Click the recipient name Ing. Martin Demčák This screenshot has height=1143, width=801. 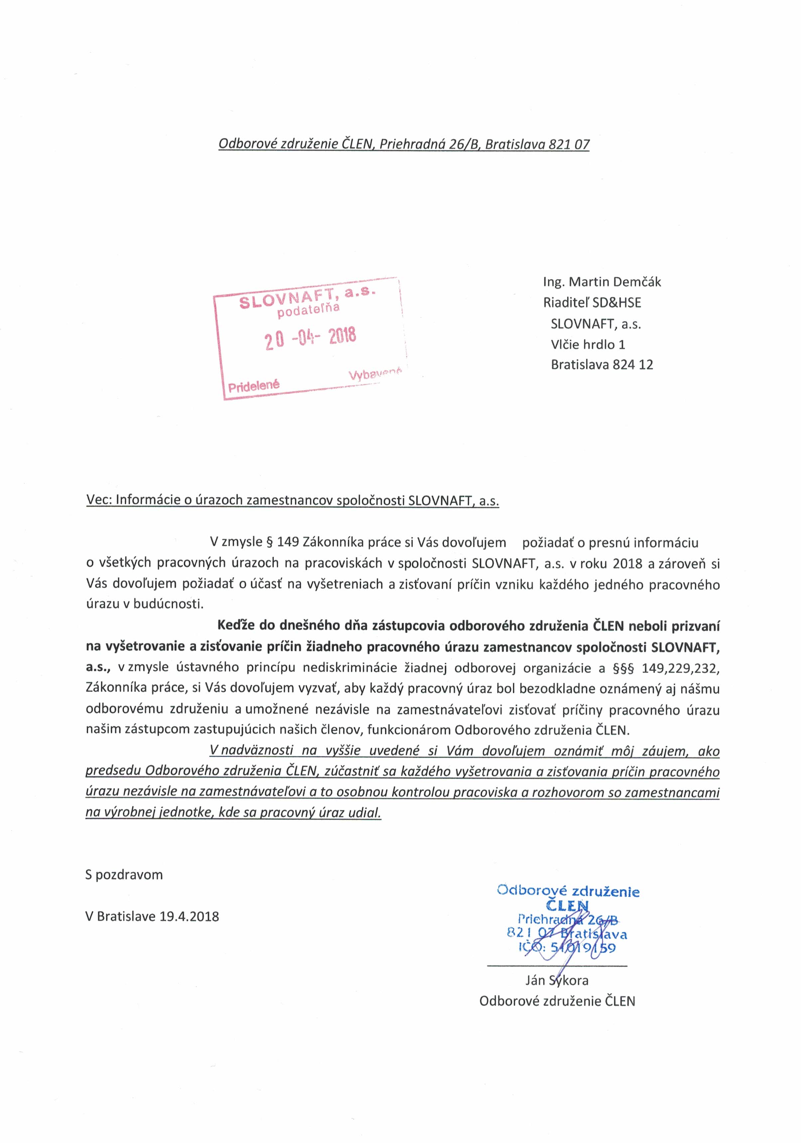pos(601,282)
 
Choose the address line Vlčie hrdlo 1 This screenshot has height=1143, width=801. pos(588,344)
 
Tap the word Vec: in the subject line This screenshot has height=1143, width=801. pos(99,500)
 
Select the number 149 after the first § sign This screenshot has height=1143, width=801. pos(288,542)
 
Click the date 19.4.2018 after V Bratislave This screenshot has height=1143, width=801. pos(190,930)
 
